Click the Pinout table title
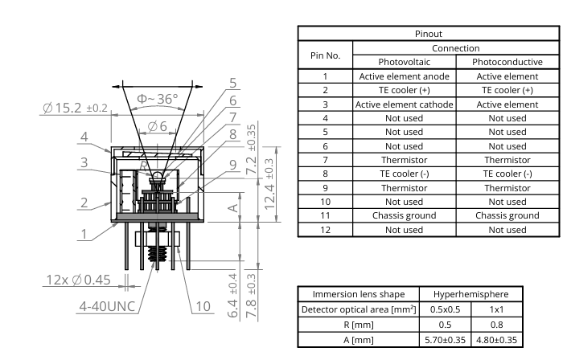pyautogui.click(x=428, y=34)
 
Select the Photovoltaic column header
pyautogui.click(x=404, y=62)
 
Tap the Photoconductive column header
pyautogui.click(x=507, y=62)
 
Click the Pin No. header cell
pyautogui.click(x=326, y=55)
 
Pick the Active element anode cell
pyautogui.click(x=404, y=76)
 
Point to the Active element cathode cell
pyautogui.click(x=404, y=104)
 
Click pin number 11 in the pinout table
pyautogui.click(x=326, y=215)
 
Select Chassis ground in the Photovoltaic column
pyautogui.click(x=404, y=215)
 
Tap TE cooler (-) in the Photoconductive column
pyautogui.click(x=507, y=174)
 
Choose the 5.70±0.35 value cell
pyautogui.click(x=445, y=340)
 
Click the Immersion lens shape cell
pyautogui.click(x=358, y=294)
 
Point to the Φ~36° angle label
pyautogui.click(x=157, y=99)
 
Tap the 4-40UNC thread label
pyautogui.click(x=109, y=306)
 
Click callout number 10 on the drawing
pyautogui.click(x=203, y=305)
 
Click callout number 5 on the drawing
pyautogui.click(x=232, y=83)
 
